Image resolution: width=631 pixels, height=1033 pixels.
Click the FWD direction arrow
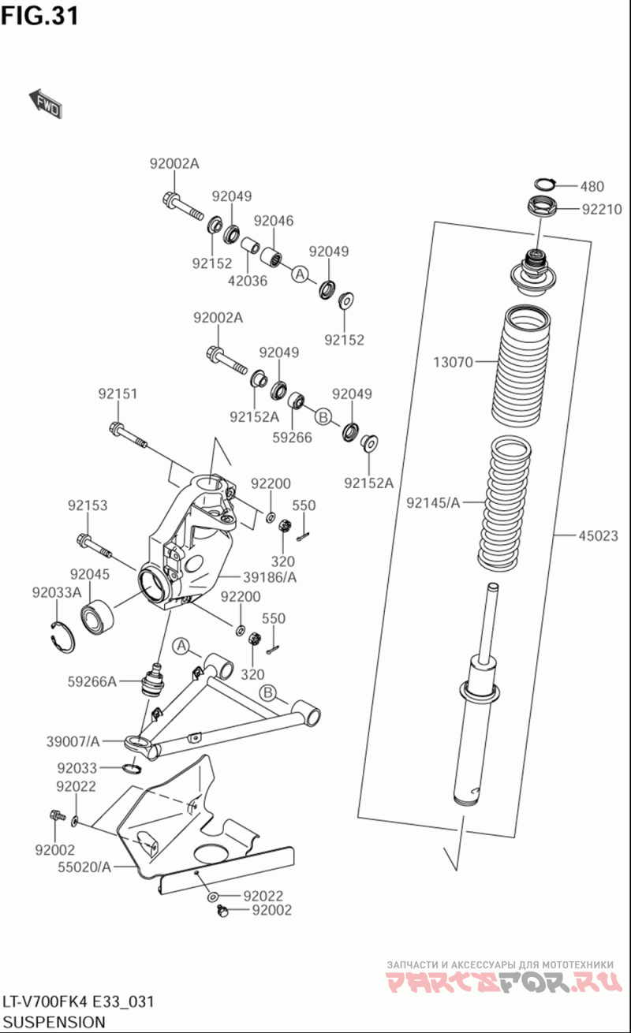pos(45,103)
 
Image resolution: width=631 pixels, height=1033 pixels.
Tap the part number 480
pos(592,186)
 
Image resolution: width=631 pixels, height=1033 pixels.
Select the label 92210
pos(602,210)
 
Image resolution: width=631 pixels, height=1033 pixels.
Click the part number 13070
pos(453,362)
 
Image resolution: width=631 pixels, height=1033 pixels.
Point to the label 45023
pos(598,535)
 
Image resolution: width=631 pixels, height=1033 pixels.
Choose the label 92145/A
pos(433,502)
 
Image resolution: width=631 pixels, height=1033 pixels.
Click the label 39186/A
pos(270,577)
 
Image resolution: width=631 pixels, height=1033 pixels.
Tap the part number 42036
pos(248,281)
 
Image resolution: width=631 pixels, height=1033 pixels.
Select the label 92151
pos(118,393)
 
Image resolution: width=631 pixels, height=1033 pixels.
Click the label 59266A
pos(91,681)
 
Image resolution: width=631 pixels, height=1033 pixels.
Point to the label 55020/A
pos(84,867)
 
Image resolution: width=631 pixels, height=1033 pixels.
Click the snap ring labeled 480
pos(544,184)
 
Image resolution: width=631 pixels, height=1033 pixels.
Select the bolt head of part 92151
pos(116,427)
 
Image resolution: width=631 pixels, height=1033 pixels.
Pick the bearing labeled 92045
pos(97,615)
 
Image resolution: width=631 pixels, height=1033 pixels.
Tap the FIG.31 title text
pos(39,16)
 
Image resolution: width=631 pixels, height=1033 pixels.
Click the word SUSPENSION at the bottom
pos(54,1021)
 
